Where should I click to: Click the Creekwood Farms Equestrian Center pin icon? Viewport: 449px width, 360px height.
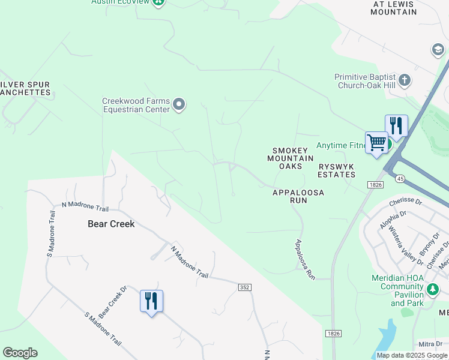(x=179, y=105)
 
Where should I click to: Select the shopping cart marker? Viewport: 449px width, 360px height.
(x=376, y=143)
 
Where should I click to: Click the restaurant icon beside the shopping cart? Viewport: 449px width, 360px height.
(x=396, y=127)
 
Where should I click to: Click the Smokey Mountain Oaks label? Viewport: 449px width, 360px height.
(x=290, y=158)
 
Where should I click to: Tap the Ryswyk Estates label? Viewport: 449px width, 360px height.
(x=337, y=170)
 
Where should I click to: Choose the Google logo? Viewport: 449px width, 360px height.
(x=20, y=353)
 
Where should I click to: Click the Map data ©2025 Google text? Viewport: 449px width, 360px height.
(x=412, y=355)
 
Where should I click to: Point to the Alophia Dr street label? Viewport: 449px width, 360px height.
(x=393, y=220)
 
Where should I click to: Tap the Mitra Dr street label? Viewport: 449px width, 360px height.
(x=431, y=344)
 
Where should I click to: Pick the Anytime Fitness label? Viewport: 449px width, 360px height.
(x=340, y=145)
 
